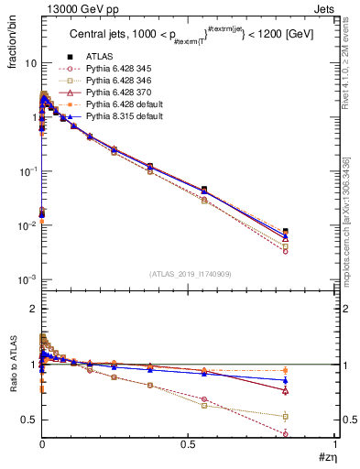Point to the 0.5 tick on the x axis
188,442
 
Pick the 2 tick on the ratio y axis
33,309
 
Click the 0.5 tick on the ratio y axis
28,420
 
